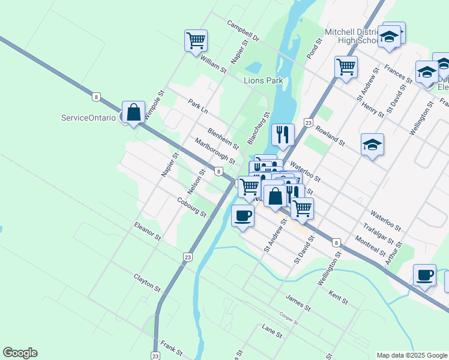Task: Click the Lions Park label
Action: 263,80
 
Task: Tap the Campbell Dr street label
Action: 243,32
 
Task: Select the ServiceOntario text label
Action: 88,118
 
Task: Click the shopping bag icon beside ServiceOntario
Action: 133,112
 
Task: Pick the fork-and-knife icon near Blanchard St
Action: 282,135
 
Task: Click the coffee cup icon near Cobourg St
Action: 243,216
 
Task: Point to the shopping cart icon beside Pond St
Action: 346,67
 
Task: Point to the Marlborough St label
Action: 215,151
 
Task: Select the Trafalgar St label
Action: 379,234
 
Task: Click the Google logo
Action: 20,353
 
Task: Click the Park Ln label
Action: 197,107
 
